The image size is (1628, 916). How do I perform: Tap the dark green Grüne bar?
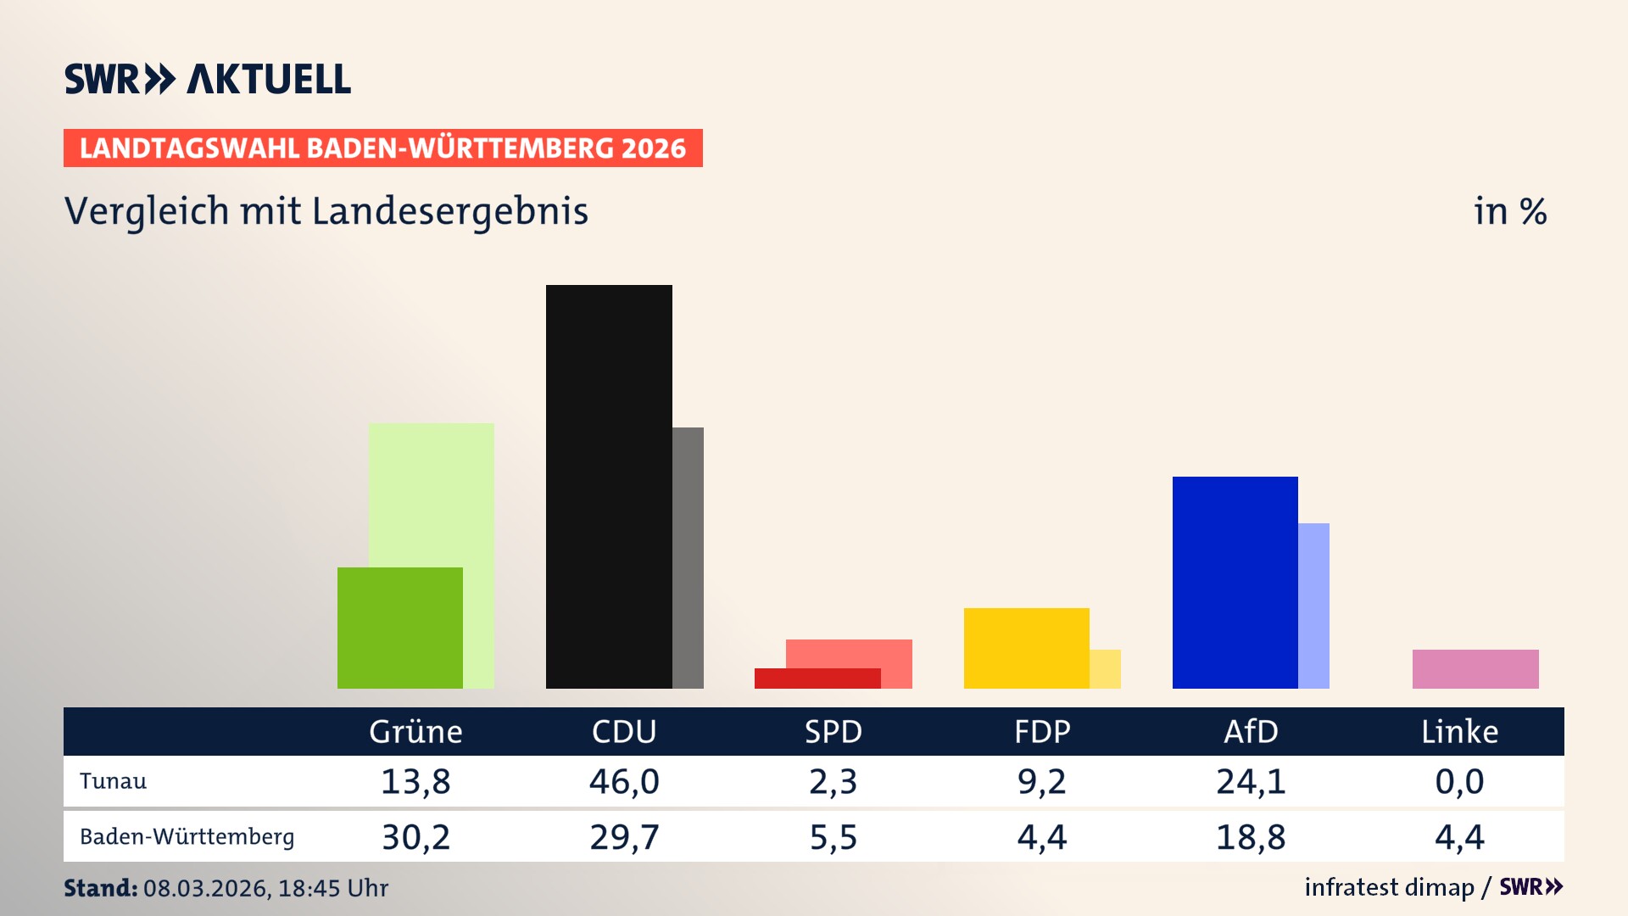click(x=399, y=628)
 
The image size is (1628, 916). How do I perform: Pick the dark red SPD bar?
click(x=817, y=679)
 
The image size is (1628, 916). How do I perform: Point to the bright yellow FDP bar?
click(x=1026, y=648)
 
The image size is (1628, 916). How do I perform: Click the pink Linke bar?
click(x=1475, y=668)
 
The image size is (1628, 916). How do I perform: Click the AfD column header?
click(x=1251, y=731)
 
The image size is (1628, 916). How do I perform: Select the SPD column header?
click(x=833, y=731)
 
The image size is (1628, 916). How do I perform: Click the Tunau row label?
click(x=113, y=781)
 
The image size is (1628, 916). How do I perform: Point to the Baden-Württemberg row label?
click(x=187, y=836)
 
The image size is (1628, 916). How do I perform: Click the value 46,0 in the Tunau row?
click(x=624, y=781)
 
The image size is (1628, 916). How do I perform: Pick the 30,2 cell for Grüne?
click(x=415, y=837)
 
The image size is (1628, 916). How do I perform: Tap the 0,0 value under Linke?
click(x=1459, y=781)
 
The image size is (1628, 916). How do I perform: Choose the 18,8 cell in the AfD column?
click(x=1251, y=837)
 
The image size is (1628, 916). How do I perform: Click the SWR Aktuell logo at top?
click(x=208, y=79)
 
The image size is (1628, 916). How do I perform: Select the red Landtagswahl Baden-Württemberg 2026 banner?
click(x=382, y=148)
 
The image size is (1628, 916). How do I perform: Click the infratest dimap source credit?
click(x=1389, y=887)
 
